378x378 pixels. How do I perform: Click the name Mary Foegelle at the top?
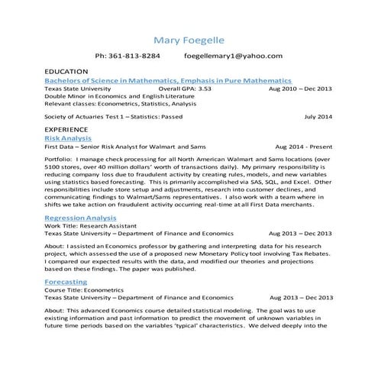(x=189, y=39)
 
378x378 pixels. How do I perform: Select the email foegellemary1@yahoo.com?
(x=234, y=57)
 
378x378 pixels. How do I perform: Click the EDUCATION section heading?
(x=67, y=71)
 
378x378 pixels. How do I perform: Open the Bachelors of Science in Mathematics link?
(x=168, y=80)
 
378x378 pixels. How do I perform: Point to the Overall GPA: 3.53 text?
(x=185, y=89)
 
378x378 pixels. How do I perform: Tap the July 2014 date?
(x=318, y=117)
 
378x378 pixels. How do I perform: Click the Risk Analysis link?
(x=69, y=139)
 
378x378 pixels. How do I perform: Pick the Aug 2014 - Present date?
(x=304, y=148)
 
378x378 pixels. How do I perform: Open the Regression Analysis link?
(x=85, y=218)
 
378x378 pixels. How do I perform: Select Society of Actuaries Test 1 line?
(x=113, y=117)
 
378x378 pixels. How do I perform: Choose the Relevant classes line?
(x=120, y=105)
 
